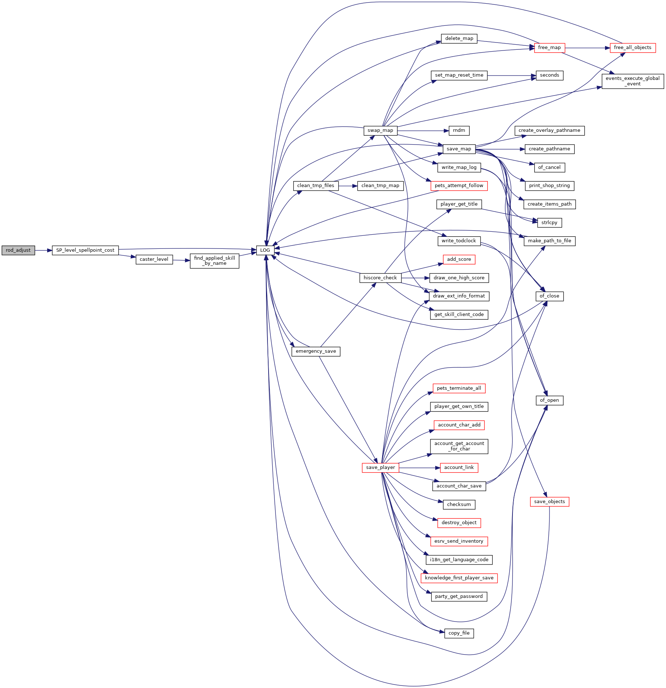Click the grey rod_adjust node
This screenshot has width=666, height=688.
tap(18, 250)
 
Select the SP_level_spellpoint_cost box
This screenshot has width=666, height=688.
tap(85, 250)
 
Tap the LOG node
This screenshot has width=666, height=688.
tap(265, 250)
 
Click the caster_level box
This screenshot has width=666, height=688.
tap(154, 259)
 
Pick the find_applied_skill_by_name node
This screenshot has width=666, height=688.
tap(214, 261)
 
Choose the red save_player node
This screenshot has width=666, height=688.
tap(380, 468)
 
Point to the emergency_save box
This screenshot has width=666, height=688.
tap(316, 351)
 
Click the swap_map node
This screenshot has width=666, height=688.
tap(380, 130)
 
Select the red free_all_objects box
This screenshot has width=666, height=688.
tap(633, 48)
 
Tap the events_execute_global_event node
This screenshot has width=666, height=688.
tap(633, 81)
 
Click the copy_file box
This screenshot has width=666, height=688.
tap(459, 633)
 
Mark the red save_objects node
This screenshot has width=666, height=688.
tap(549, 502)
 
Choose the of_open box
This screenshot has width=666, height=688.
tap(549, 400)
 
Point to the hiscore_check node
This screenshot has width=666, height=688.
tap(380, 278)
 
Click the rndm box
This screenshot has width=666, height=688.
tap(459, 130)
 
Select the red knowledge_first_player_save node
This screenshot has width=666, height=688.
tap(459, 578)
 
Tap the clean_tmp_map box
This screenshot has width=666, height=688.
tap(380, 186)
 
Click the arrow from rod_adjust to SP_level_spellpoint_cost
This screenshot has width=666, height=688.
tap(44, 250)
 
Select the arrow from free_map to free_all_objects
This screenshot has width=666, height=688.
tap(587, 48)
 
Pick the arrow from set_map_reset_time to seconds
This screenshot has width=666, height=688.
tap(512, 76)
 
